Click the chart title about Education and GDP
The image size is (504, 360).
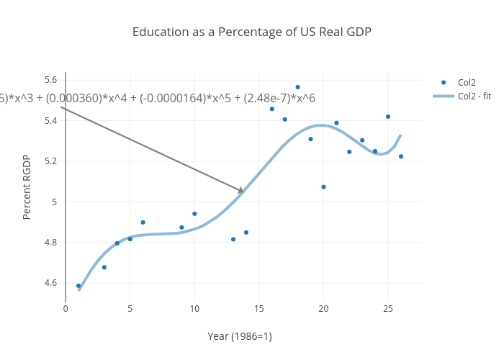[x=252, y=32]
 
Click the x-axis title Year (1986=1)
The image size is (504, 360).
[x=240, y=336]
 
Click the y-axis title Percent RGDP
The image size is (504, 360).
[x=27, y=187]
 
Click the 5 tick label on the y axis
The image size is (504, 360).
[x=53, y=202]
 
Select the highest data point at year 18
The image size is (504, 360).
[x=298, y=87]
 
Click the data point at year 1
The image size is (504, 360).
[x=78, y=286]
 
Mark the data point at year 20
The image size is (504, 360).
[x=323, y=187]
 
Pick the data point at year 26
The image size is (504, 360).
[x=401, y=156]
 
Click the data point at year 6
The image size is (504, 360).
[x=143, y=222]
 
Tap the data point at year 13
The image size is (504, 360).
[x=233, y=239]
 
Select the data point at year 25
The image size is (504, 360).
[x=388, y=117]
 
